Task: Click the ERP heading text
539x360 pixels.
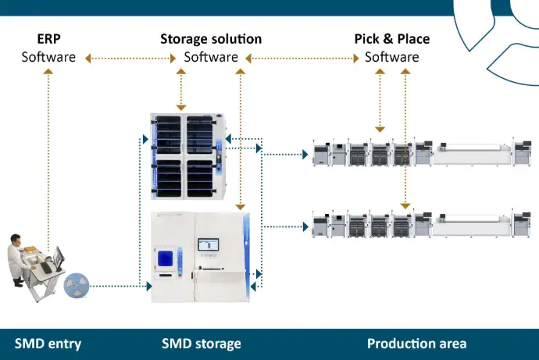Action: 48,39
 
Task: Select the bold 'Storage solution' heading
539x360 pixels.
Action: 211,39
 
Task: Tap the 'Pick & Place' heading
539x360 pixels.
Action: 392,39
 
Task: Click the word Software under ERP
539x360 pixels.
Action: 48,57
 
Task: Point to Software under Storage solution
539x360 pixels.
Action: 211,57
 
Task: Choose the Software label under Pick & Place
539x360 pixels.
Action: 392,57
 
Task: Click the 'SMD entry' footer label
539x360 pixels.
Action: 48,344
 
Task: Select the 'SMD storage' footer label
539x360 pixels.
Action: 201,344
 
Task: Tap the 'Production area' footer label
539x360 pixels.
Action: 416,344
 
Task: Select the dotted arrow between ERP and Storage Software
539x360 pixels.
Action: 130,58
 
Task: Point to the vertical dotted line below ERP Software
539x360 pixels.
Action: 48,156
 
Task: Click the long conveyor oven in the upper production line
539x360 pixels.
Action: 473,152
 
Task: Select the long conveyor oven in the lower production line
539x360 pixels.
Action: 473,225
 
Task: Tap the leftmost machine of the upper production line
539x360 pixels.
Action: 320,154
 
